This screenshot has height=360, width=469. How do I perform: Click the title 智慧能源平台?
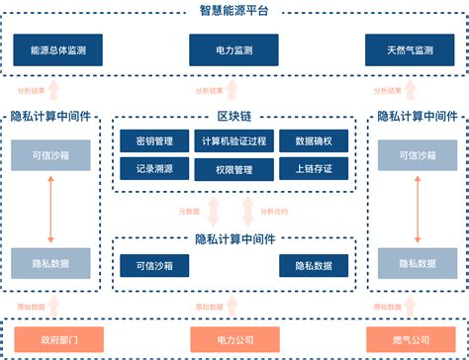pos(234,10)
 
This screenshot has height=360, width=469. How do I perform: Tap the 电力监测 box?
pos(234,49)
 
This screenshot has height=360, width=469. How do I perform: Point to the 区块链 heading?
pos(234,116)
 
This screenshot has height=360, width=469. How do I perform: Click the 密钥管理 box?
pos(154,142)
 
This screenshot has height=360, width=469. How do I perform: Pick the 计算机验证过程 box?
pos(234,142)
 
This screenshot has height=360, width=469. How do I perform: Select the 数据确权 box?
pos(314,142)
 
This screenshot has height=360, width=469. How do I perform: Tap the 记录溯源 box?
pos(154,169)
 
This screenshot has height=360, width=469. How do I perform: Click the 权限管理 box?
pos(234,169)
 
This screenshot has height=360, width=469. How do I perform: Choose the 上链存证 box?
pos(314,169)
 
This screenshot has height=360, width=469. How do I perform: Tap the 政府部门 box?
pos(52,340)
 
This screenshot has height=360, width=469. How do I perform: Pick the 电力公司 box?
pos(234,340)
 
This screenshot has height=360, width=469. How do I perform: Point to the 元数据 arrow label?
pos(188,211)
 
